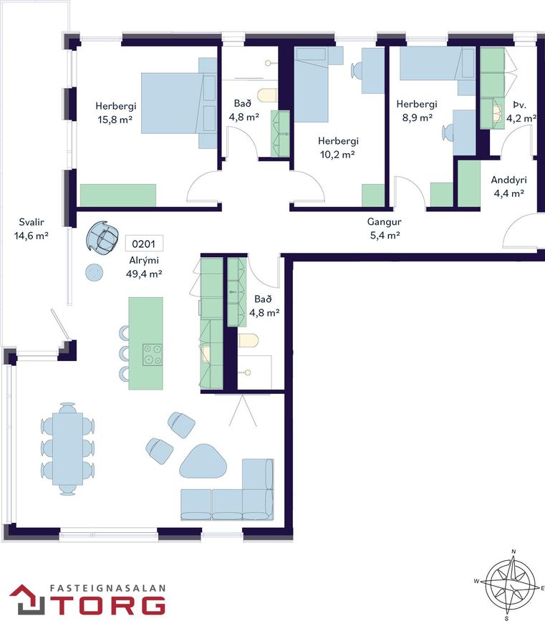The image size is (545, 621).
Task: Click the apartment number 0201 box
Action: (144, 244)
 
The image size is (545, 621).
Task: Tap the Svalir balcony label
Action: (32, 222)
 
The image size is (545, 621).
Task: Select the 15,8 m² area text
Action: (115, 119)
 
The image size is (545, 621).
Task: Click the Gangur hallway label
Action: (384, 222)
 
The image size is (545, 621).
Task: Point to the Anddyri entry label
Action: (509, 180)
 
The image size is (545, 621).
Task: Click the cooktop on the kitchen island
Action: (153, 355)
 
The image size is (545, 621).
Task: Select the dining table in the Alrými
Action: (68, 448)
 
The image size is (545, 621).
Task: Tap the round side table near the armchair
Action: (95, 272)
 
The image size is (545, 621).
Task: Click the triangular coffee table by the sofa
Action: (203, 462)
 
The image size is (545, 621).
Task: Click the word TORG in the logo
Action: (110, 605)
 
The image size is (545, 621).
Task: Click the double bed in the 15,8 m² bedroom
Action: (178, 103)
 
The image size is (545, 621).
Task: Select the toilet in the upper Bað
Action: (267, 95)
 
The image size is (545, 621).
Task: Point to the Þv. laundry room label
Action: (519, 105)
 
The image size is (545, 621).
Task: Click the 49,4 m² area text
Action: (144, 274)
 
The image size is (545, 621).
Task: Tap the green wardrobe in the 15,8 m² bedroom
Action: (118, 195)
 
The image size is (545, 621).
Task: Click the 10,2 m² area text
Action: (337, 155)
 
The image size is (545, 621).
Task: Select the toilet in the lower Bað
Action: (249, 340)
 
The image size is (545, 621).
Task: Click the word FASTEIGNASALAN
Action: (107, 589)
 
